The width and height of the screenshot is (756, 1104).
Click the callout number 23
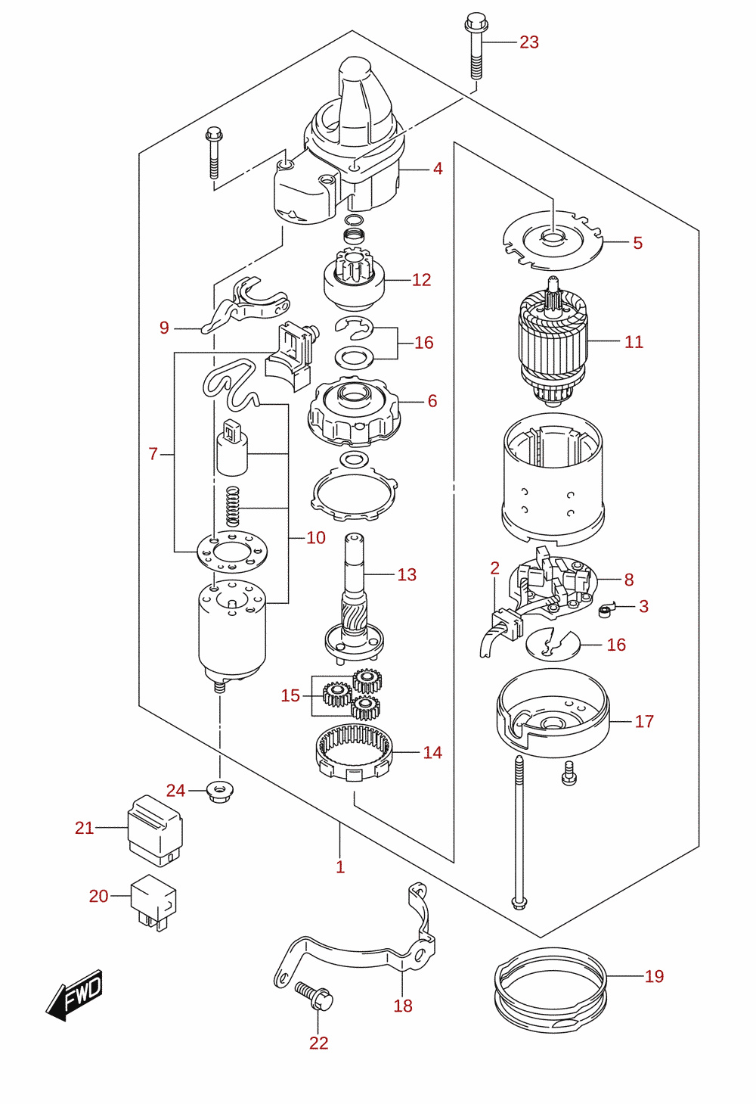[x=529, y=42]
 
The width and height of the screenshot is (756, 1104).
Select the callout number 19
[x=654, y=976]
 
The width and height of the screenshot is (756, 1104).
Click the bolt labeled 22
[x=314, y=997]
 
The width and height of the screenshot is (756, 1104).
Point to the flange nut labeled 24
[x=221, y=791]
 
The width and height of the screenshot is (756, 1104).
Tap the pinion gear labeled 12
[x=354, y=280]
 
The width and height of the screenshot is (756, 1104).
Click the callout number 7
[x=153, y=453]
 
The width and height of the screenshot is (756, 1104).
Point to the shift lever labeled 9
[x=245, y=306]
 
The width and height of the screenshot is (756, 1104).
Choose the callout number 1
[x=340, y=867]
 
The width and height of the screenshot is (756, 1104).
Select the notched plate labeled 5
[x=553, y=241]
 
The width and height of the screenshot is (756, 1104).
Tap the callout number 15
[x=290, y=695]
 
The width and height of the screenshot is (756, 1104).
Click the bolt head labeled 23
[x=476, y=22]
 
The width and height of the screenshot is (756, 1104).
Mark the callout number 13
[x=407, y=574]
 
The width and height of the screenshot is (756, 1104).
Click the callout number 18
[x=402, y=1006]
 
